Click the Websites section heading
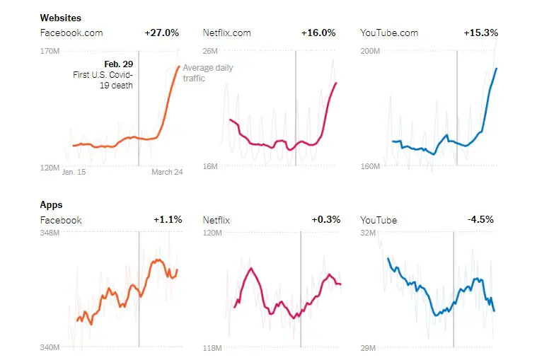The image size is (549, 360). point(60,17)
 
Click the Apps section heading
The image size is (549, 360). point(52,204)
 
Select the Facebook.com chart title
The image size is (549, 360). point(71,33)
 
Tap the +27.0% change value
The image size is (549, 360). point(162,33)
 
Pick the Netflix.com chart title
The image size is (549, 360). point(226,33)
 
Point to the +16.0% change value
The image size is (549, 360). point(318,33)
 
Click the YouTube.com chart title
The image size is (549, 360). point(389,33)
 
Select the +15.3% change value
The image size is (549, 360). point(481,33)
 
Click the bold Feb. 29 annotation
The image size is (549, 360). point(119,64)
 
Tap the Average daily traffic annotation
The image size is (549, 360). point(207,73)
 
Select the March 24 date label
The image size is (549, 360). point(167,172)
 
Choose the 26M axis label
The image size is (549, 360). point(211,51)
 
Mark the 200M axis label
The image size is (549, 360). point(370,51)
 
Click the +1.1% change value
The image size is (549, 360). point(168,220)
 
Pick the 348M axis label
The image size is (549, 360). point(50,233)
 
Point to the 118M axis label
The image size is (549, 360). point(212,348)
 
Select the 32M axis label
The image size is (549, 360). point(368,233)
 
